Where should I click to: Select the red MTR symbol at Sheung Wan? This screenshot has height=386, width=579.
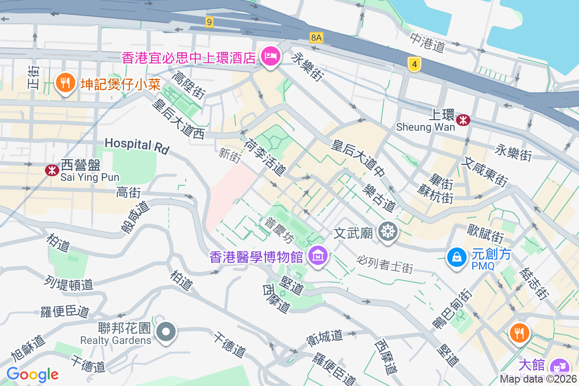tap(463, 120)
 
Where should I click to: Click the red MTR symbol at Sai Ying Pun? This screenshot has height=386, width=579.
tap(52, 170)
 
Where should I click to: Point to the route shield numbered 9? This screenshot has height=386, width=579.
tap(209, 22)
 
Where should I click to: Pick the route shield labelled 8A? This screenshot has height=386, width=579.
tap(316, 37)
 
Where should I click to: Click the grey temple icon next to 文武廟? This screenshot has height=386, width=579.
tap(387, 232)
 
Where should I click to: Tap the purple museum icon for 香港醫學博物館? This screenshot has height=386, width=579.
tap(318, 255)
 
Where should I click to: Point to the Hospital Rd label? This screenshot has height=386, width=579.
tap(137, 146)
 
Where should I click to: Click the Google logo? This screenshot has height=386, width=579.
tap(32, 374)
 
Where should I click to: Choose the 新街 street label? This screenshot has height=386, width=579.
tap(229, 154)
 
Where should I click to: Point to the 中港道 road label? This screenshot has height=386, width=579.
tap(427, 42)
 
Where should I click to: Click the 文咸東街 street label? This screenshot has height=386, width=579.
tap(484, 172)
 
